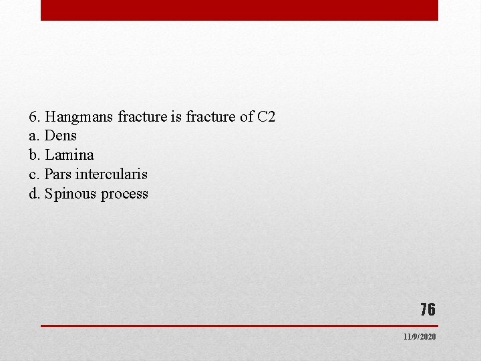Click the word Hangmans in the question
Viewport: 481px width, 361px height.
(x=79, y=117)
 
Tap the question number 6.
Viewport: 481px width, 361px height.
(x=33, y=117)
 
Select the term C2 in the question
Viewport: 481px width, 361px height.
(x=266, y=117)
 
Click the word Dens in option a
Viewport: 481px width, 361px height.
(x=61, y=136)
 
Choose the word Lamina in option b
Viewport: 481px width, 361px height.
(x=69, y=155)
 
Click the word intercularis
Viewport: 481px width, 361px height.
(x=112, y=174)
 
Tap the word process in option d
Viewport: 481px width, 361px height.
(x=125, y=195)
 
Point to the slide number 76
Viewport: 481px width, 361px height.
(x=428, y=310)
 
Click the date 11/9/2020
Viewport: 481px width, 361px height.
(x=420, y=336)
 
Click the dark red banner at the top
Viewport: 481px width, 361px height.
(x=239, y=10)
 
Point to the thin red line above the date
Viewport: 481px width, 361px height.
(x=239, y=326)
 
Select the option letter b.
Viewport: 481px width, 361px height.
(x=34, y=155)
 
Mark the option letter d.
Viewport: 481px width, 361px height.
(x=34, y=194)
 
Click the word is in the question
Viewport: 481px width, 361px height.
(x=176, y=117)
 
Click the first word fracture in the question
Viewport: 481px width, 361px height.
(x=142, y=117)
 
